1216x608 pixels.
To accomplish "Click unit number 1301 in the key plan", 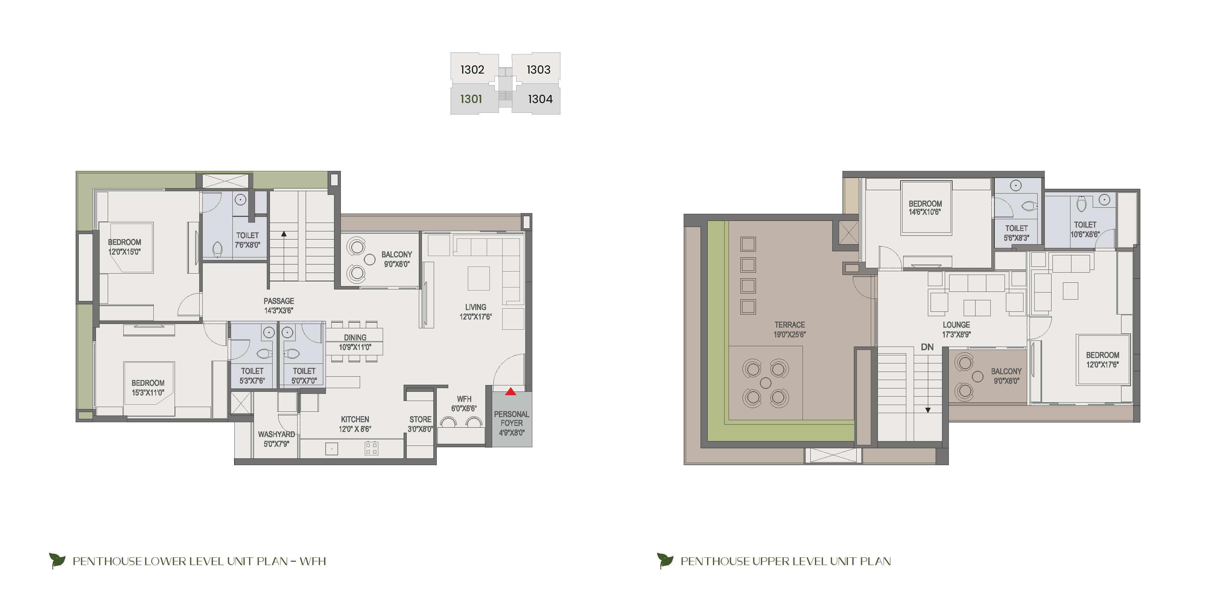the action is coord(471,99).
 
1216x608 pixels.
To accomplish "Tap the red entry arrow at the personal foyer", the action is coord(510,391).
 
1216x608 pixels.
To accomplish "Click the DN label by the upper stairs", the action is coord(927,347).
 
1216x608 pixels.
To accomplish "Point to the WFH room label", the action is coord(464,399).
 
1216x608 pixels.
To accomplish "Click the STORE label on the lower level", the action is coord(420,419).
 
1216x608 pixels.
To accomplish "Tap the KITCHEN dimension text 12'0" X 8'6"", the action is coord(355,429).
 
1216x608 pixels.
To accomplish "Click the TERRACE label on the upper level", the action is coord(789,325).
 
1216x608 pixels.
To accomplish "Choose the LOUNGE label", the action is coord(956,325).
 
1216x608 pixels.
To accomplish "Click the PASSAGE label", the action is coord(279,301).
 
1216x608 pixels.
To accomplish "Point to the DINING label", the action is coord(355,337).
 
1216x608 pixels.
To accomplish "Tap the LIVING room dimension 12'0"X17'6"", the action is coord(475,317).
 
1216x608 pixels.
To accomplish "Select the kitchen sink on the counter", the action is coord(332,449).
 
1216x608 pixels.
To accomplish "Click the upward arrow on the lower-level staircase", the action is coord(284,234).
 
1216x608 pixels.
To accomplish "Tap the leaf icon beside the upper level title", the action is coord(665,561).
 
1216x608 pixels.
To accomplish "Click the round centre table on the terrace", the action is coord(766,383).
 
